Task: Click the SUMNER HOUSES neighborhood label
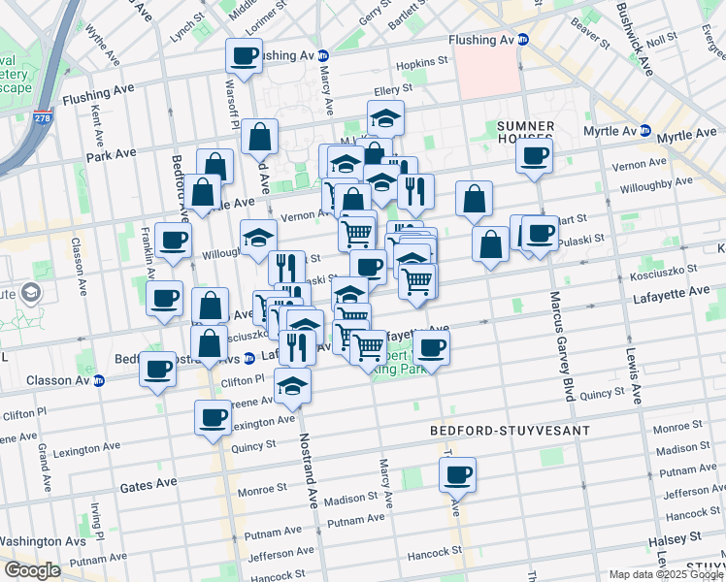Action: point(525,134)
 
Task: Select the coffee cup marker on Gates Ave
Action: point(457,475)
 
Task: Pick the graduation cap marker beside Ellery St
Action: point(385,119)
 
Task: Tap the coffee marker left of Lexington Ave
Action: point(213,418)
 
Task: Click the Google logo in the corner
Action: point(32,570)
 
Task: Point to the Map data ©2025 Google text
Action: point(666,574)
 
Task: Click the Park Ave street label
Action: point(111,154)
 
